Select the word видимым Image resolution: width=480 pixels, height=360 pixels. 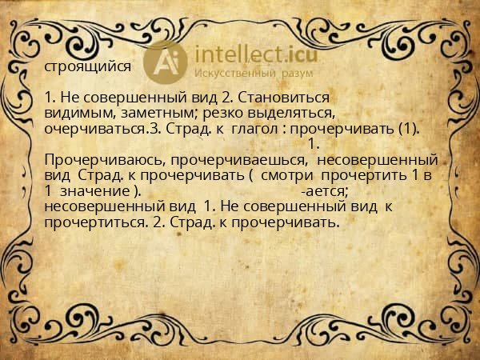click(x=74, y=114)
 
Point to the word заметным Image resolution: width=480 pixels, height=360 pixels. click(x=152, y=114)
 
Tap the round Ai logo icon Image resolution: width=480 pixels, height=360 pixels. click(x=166, y=61)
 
